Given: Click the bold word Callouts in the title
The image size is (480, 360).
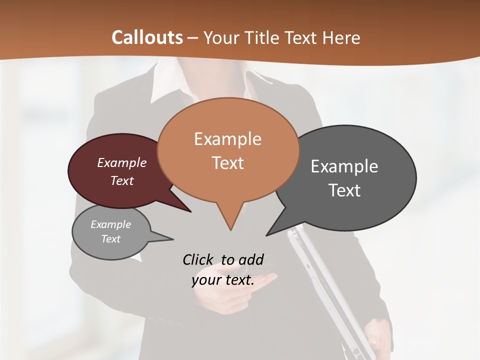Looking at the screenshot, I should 147,37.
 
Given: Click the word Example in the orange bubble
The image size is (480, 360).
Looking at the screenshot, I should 227,139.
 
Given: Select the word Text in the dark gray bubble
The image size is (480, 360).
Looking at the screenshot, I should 344,190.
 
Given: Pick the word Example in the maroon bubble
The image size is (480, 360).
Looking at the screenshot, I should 122,163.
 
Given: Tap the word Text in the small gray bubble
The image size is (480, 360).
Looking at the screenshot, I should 111,239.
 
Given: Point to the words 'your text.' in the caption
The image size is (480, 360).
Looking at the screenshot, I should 223,280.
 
